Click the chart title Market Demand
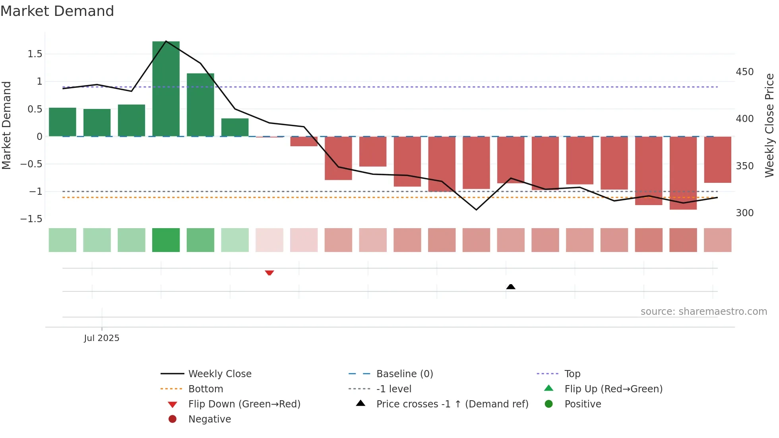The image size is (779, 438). [57, 11]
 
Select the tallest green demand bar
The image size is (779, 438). [166, 89]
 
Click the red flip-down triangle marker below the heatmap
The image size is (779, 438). [269, 273]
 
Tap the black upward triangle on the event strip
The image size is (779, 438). [511, 287]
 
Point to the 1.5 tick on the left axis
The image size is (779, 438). [35, 54]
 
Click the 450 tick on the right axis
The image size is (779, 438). [744, 72]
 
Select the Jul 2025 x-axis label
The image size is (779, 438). [101, 338]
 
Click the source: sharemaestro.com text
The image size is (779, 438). [703, 311]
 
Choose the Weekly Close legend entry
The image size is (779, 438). [219, 374]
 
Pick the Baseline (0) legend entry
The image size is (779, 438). [404, 374]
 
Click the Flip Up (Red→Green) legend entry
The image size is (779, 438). [613, 389]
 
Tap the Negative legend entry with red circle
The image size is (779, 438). [209, 419]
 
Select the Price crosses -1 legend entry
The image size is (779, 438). [452, 404]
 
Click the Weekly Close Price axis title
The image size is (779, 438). [769, 125]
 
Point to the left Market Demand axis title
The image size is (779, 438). [6, 125]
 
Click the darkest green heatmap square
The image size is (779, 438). [166, 240]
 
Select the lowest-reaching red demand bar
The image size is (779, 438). [683, 173]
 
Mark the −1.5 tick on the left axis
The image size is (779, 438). [31, 219]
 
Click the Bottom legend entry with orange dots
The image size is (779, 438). [205, 389]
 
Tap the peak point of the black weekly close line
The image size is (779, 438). [166, 41]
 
